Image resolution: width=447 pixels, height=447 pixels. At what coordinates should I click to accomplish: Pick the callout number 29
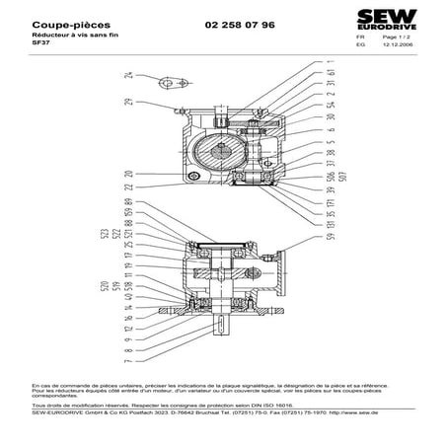128,103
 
